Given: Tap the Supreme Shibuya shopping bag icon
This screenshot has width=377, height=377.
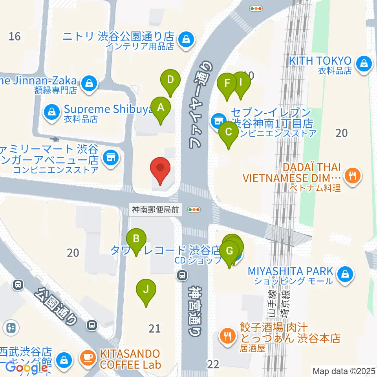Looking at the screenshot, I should coord(51,112).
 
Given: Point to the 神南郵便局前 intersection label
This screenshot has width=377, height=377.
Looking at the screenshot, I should coord(156,210).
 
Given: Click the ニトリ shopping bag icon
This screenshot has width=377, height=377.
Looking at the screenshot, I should coord(185,39).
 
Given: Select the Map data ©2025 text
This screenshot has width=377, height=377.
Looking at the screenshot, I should coord(344,371).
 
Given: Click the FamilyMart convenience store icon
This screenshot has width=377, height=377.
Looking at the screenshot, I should coord(111,158).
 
